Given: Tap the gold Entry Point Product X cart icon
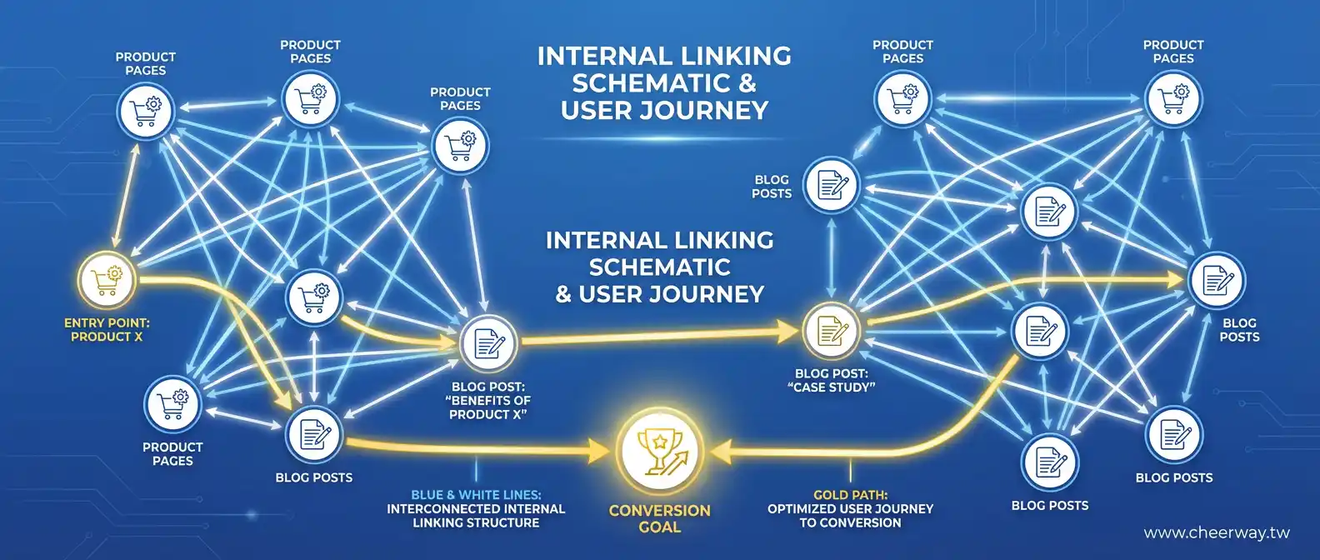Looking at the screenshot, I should [107, 280].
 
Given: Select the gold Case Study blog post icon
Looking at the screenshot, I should [830, 330].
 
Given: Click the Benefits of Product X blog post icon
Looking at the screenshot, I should [488, 342].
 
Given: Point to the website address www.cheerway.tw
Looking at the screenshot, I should [1217, 533].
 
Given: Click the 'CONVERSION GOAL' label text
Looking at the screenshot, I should [660, 518].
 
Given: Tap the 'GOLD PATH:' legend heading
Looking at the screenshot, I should [850, 495].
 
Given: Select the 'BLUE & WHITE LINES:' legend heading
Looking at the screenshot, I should [476, 495].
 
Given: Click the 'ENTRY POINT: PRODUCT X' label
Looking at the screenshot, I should [107, 330].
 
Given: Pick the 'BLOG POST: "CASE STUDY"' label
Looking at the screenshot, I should [832, 381].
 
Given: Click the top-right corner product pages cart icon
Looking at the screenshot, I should [1173, 99].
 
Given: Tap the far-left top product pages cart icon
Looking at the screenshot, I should [145, 111].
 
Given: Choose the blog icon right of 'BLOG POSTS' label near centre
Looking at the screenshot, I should [831, 185].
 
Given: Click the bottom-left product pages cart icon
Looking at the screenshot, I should [172, 403].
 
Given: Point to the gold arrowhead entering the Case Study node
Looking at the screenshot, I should [788, 332].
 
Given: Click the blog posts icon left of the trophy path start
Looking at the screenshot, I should [314, 435].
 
